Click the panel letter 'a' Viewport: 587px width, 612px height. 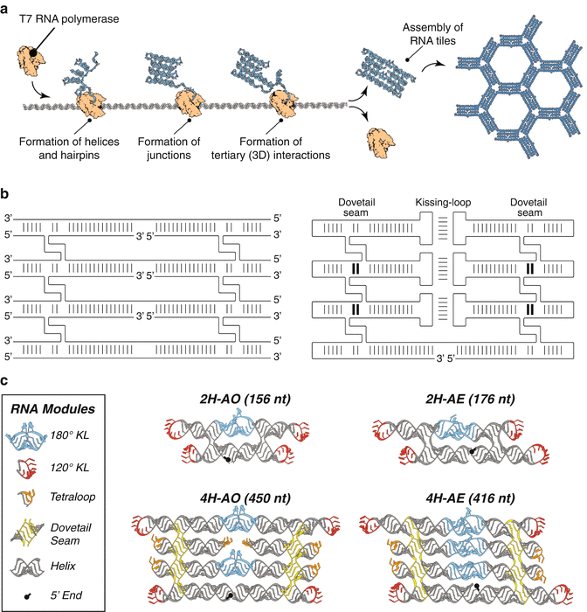coord(7,7)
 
